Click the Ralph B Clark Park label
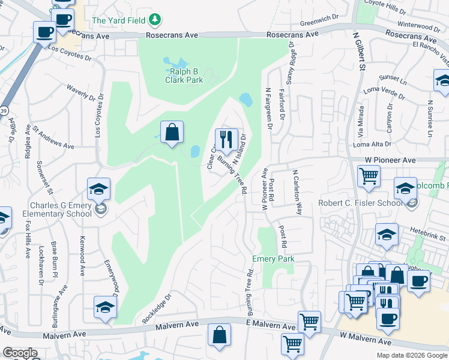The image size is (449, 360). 184,76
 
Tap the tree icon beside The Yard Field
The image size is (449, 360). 156,20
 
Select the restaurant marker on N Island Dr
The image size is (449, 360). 226,140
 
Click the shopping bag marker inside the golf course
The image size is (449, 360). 172,133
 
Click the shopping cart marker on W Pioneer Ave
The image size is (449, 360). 369,176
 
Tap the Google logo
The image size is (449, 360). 20,353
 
